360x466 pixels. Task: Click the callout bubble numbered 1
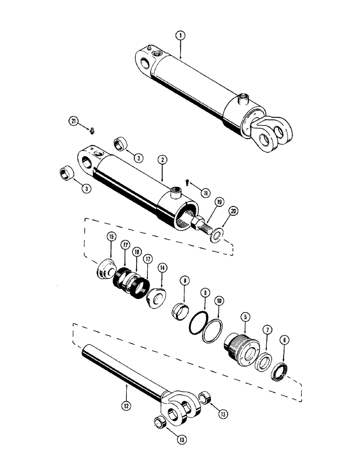pos(180,34)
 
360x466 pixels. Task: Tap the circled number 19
pos(220,202)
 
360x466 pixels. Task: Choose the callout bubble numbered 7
pos(267,329)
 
